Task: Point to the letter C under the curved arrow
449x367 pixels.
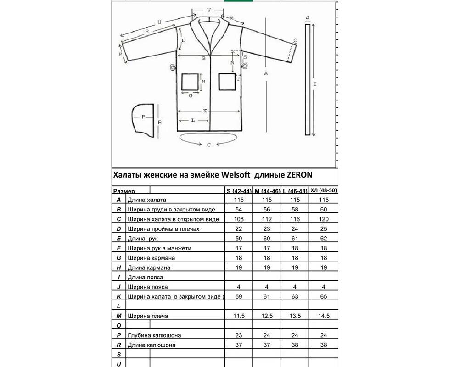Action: [208, 145]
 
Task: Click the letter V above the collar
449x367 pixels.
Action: [209, 10]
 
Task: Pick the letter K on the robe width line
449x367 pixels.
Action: [205, 111]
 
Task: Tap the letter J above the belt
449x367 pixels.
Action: [307, 17]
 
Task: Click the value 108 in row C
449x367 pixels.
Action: [238, 219]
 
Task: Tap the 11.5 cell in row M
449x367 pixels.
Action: [238, 316]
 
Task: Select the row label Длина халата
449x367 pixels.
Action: [147, 200]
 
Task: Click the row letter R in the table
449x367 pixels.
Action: [118, 345]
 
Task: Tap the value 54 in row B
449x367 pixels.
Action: [238, 210]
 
